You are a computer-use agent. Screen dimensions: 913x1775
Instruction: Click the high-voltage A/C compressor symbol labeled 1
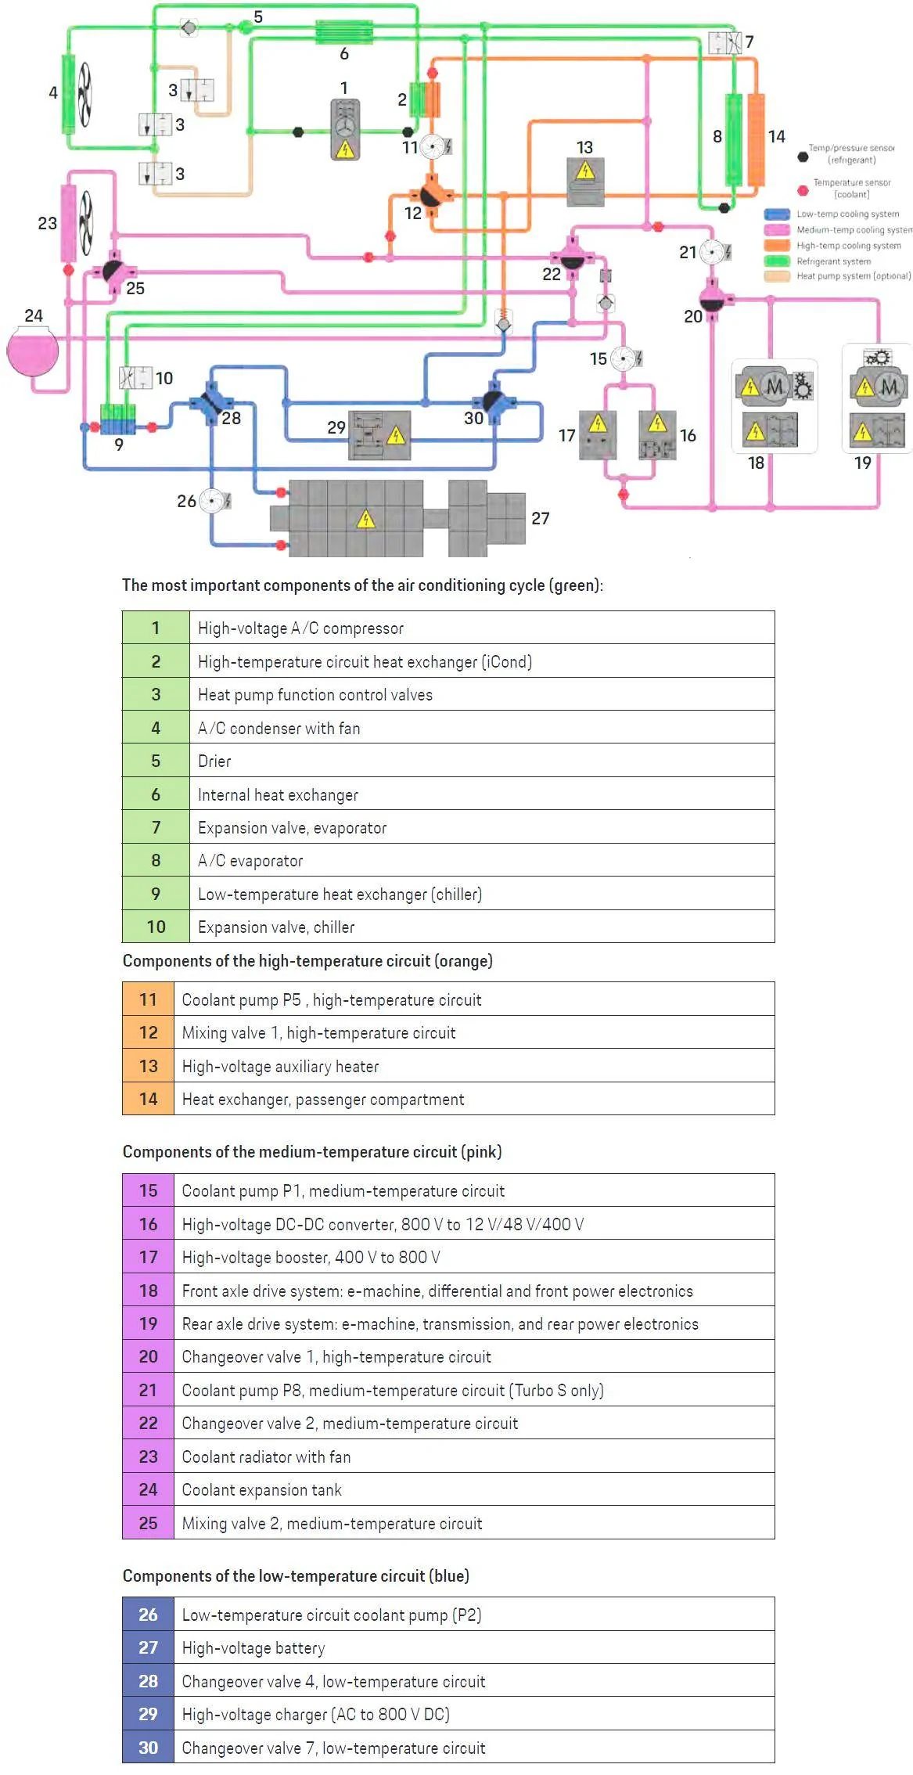pyautogui.click(x=345, y=130)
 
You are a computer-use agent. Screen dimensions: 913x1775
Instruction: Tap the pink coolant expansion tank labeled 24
pyautogui.click(x=33, y=351)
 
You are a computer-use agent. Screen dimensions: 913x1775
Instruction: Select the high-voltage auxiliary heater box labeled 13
pyautogui.click(x=585, y=182)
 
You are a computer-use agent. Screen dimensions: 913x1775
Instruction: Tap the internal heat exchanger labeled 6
pyautogui.click(x=344, y=32)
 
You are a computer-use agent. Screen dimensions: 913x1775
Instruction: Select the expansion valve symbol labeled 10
pyautogui.click(x=135, y=378)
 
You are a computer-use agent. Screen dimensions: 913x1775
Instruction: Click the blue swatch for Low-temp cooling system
pyautogui.click(x=777, y=214)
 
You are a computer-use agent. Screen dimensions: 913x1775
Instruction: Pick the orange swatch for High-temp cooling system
pyautogui.click(x=777, y=246)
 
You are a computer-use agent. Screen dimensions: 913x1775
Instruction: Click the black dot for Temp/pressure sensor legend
pyautogui.click(x=803, y=157)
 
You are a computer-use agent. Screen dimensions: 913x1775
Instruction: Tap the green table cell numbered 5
pyautogui.click(x=156, y=761)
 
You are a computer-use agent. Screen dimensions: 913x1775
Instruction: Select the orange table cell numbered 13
pyautogui.click(x=148, y=1066)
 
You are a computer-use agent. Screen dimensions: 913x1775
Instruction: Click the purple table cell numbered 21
pyautogui.click(x=148, y=1390)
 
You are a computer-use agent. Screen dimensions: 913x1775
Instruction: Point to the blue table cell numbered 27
pyautogui.click(x=148, y=1647)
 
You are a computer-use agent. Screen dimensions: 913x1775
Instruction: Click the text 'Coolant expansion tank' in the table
pyautogui.click(x=261, y=1490)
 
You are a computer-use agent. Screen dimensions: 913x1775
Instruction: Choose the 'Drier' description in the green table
pyautogui.click(x=214, y=761)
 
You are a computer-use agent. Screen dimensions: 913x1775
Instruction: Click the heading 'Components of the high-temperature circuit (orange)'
pyautogui.click(x=307, y=961)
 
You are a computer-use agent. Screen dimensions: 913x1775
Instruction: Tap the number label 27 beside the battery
pyautogui.click(x=540, y=518)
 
